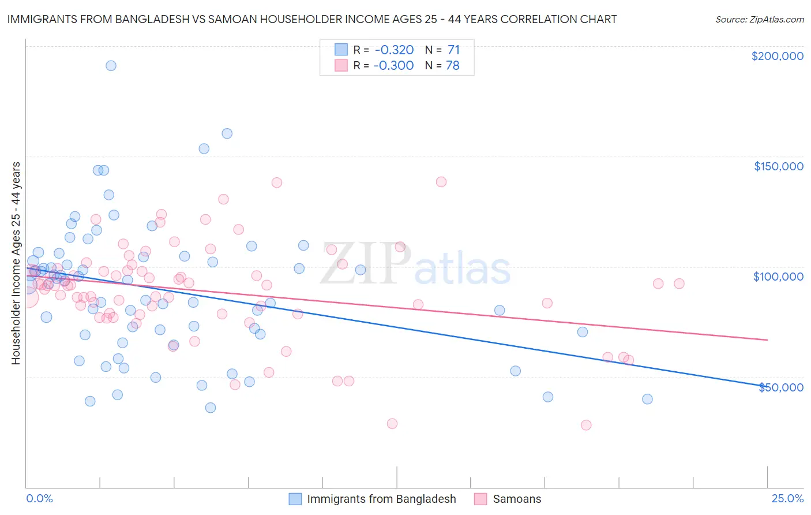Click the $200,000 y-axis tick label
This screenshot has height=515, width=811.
click(x=777, y=56)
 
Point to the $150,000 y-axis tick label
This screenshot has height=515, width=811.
click(x=778, y=166)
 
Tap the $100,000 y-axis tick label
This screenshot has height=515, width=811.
click(x=778, y=277)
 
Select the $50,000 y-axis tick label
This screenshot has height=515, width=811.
click(x=780, y=387)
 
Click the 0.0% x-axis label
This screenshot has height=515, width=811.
click(x=39, y=498)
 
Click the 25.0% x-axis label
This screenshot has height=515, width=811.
click(x=787, y=498)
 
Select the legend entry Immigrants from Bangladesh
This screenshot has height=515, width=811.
click(x=381, y=499)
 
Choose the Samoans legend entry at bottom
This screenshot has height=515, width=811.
click(x=517, y=499)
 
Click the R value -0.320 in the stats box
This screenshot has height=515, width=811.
click(x=393, y=50)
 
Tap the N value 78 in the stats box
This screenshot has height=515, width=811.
click(x=453, y=66)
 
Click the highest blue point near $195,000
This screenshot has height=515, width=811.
click(x=111, y=66)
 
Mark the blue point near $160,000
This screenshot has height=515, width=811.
click(x=227, y=133)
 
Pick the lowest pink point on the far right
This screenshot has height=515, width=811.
click(x=586, y=425)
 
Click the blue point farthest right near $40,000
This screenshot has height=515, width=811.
click(x=647, y=399)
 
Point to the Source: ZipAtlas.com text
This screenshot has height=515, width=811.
click(x=759, y=20)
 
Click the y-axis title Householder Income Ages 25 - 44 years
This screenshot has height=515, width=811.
click(x=16, y=263)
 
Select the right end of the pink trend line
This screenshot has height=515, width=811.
click(x=767, y=340)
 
